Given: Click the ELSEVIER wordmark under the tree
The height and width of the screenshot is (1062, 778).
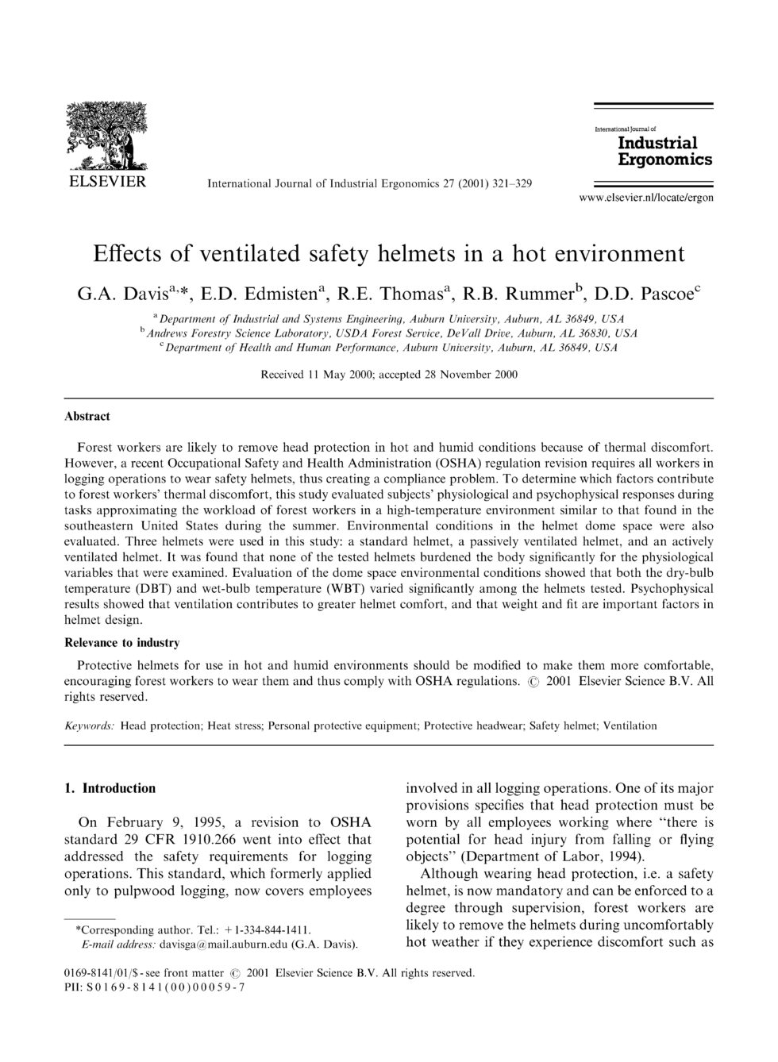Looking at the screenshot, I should [105, 182].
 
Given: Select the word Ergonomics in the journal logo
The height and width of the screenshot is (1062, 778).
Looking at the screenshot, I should [664, 159].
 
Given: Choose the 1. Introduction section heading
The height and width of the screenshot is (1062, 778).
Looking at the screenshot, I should [110, 788].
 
